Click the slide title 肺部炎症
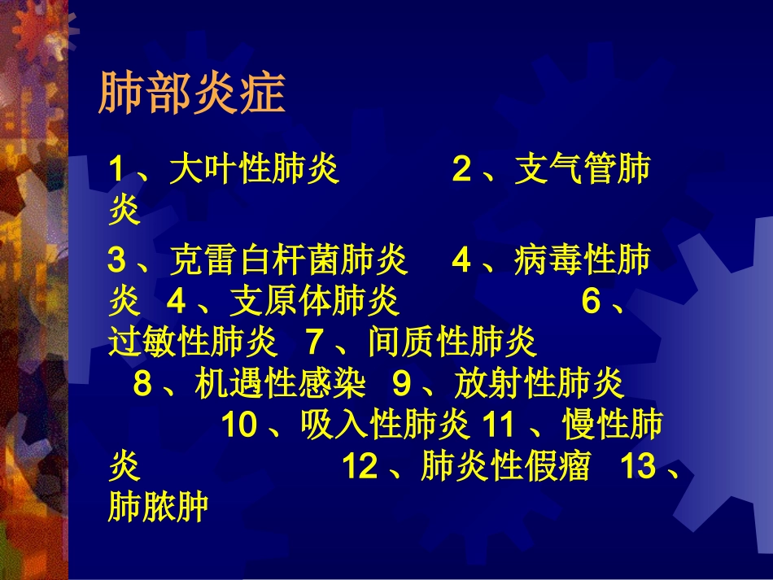[x=192, y=94]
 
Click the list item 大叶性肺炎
[x=255, y=171]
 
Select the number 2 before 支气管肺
[x=462, y=171]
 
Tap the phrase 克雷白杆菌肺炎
[x=288, y=261]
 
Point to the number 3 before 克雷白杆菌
[x=117, y=261]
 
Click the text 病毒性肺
[x=583, y=261]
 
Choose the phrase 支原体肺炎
[x=315, y=302]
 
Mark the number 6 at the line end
[x=592, y=302]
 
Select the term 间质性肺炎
[x=452, y=343]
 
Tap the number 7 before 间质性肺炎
[x=315, y=343]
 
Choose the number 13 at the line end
[x=638, y=467]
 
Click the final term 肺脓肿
[x=158, y=508]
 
